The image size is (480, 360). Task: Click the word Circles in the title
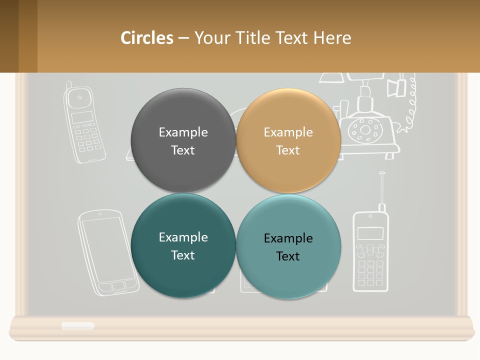click(146, 38)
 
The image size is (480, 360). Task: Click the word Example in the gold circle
click(288, 132)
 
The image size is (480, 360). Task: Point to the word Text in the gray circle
click(183, 150)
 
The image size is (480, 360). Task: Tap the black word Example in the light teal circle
click(288, 238)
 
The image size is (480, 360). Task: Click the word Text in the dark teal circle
click(183, 255)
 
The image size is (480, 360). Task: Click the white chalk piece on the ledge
click(78, 325)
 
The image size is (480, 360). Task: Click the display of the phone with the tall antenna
click(370, 233)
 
